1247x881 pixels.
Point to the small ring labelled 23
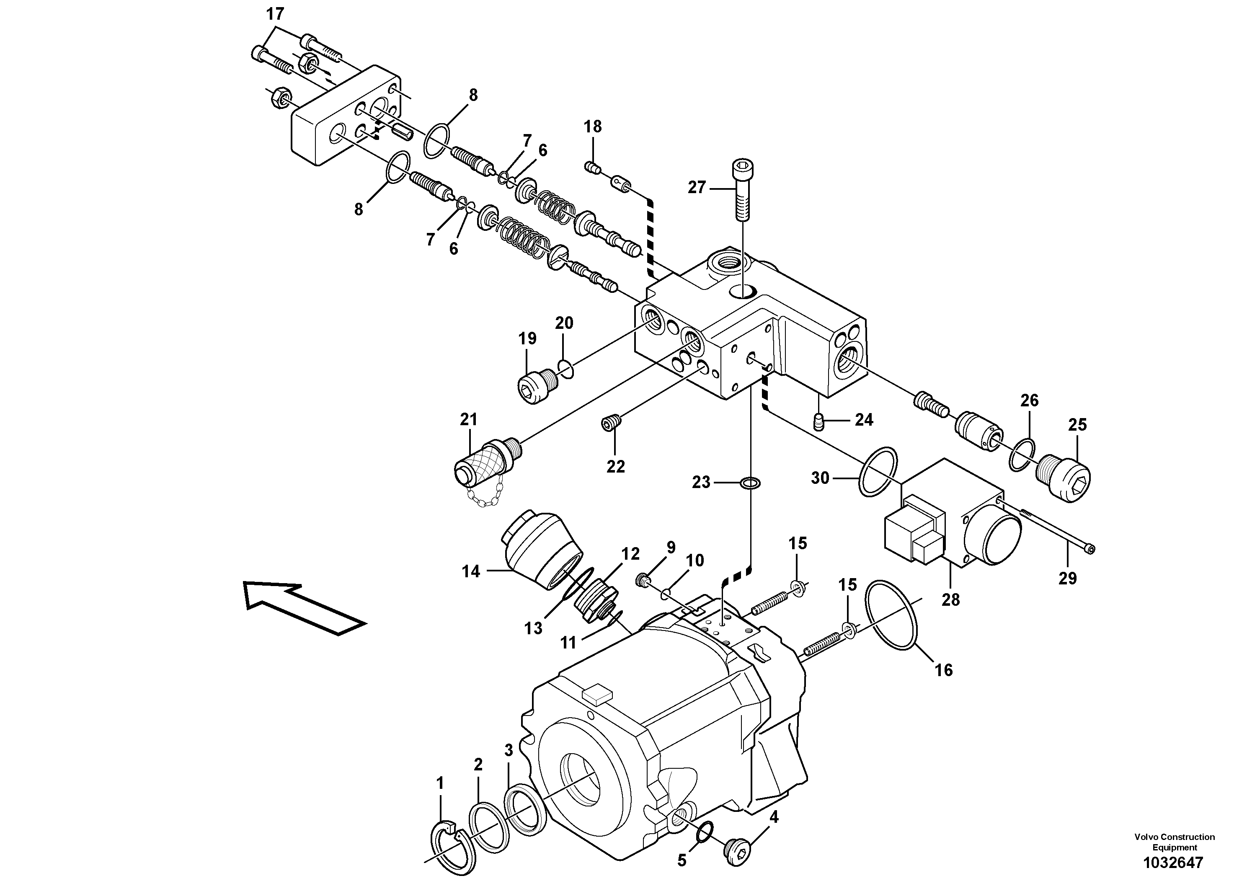(x=751, y=482)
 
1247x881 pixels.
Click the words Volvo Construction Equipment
(x=1174, y=842)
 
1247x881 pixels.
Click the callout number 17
(x=275, y=15)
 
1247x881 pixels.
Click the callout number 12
(x=630, y=554)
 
